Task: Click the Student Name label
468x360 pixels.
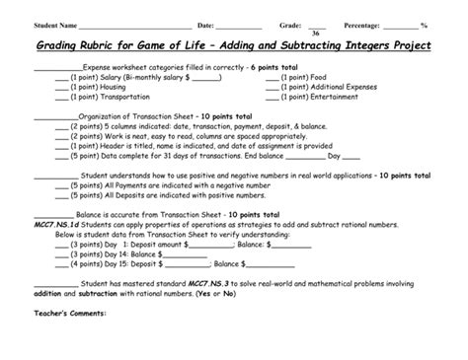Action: (54, 24)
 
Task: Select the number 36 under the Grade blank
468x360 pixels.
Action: (316, 33)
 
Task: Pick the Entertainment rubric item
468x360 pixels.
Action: (318, 97)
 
